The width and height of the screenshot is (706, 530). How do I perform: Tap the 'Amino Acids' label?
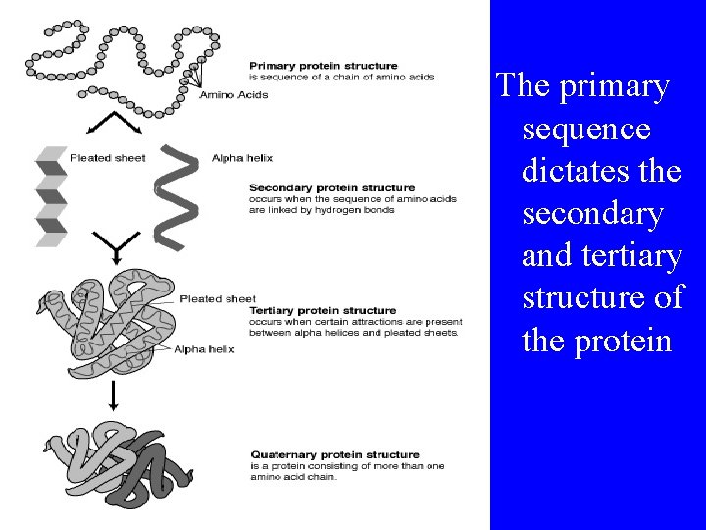(233, 95)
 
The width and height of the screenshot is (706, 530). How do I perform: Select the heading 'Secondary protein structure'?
(331, 187)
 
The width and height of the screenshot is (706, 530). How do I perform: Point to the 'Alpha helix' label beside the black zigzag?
(241, 158)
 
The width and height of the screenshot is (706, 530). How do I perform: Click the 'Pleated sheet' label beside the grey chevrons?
(108, 158)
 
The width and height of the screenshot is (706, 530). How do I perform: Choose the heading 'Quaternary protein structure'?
(334, 455)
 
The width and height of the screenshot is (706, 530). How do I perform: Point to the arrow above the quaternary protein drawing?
(113, 397)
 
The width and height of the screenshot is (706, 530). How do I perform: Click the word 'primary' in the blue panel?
(614, 86)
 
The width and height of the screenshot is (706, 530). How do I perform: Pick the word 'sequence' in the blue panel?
(585, 129)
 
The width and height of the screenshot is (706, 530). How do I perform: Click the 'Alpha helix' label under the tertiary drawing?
(204, 349)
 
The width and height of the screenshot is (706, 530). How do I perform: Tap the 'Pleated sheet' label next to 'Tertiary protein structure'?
(218, 299)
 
